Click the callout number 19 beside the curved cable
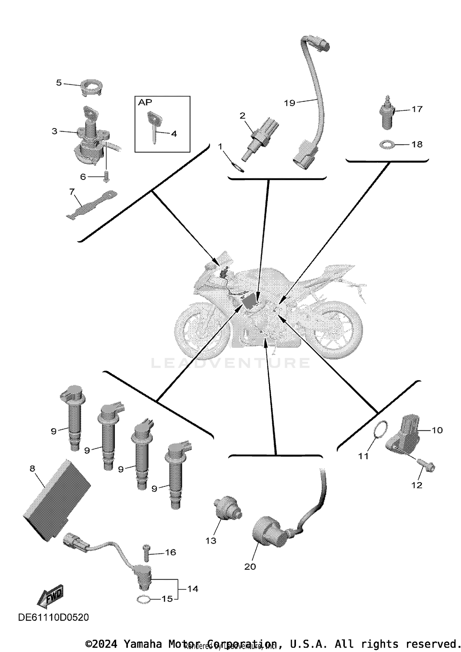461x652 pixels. [x=289, y=103]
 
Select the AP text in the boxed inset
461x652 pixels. [x=145, y=102]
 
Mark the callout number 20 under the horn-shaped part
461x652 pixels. [x=250, y=567]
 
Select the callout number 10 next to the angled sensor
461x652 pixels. [x=437, y=430]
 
